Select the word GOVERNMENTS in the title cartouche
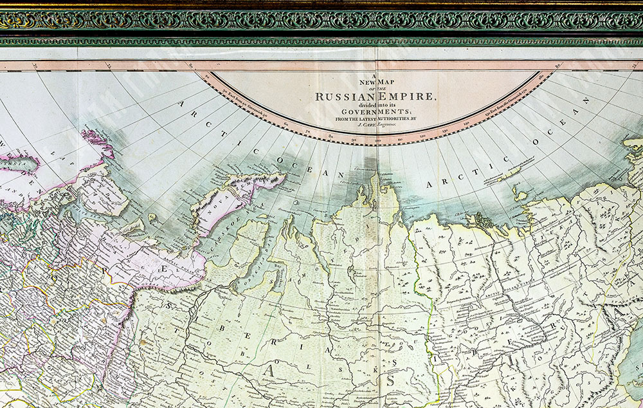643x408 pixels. (x=376, y=111)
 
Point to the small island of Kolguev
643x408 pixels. (x=152, y=218)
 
